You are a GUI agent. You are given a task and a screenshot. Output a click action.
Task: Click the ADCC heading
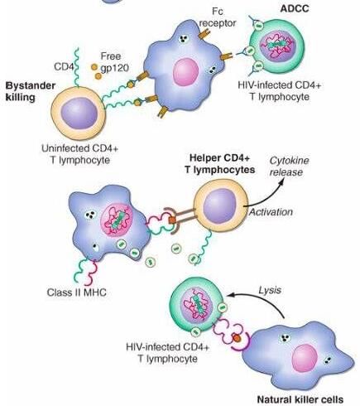click(x=295, y=8)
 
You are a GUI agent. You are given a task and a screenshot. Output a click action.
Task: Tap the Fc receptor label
click(x=218, y=17)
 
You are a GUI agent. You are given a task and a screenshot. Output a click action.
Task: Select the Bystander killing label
click(x=31, y=91)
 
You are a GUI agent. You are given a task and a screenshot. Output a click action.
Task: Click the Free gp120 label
click(x=113, y=62)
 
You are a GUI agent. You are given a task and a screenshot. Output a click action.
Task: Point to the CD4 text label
click(x=64, y=66)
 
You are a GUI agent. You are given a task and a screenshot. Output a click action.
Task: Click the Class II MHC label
click(x=77, y=292)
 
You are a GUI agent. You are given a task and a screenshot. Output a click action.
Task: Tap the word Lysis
click(x=270, y=290)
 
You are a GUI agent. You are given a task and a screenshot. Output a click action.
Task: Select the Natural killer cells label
click(x=300, y=399)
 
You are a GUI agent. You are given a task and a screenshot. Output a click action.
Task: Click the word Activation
click(x=271, y=212)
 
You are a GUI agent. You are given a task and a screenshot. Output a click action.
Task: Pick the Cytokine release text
click(x=289, y=167)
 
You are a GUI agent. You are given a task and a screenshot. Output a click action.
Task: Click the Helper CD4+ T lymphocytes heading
click(x=220, y=164)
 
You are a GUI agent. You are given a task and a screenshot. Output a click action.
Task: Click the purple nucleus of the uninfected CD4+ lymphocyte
click(x=79, y=114)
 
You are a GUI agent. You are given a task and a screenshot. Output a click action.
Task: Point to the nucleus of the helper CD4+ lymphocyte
click(x=220, y=206)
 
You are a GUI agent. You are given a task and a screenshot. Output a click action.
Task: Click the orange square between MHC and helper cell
click(x=172, y=220)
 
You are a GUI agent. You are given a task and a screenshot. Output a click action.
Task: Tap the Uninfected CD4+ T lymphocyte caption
click(x=79, y=154)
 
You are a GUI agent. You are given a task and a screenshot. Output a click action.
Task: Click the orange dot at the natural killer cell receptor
click(x=237, y=338)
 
